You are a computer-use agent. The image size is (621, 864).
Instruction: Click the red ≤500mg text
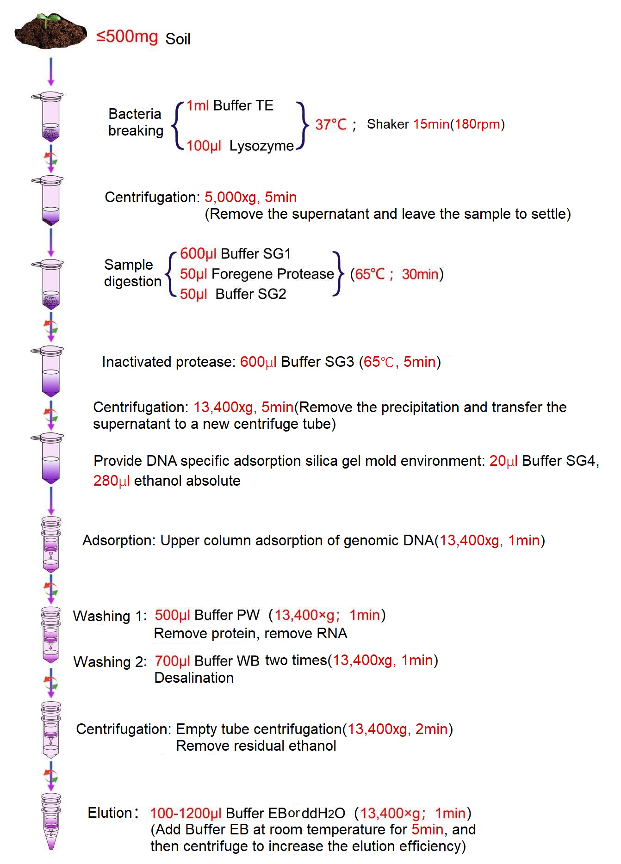click(127, 37)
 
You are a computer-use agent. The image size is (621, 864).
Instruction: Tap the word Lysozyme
click(261, 146)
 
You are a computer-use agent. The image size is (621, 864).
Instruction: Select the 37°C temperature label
click(331, 124)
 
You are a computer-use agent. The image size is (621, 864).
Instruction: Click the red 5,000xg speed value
click(230, 197)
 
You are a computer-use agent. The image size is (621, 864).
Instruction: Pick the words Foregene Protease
click(273, 274)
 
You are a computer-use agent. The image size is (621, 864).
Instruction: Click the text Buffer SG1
click(256, 253)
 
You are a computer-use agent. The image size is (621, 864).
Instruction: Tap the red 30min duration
click(420, 274)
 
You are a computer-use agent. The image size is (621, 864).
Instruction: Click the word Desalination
click(194, 678)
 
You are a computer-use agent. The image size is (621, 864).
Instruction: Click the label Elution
click(110, 813)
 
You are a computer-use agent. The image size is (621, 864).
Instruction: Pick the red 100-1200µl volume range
click(186, 813)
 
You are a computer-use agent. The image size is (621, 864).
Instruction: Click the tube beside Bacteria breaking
click(47, 117)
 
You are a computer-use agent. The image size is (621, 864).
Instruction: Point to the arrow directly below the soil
click(51, 72)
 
